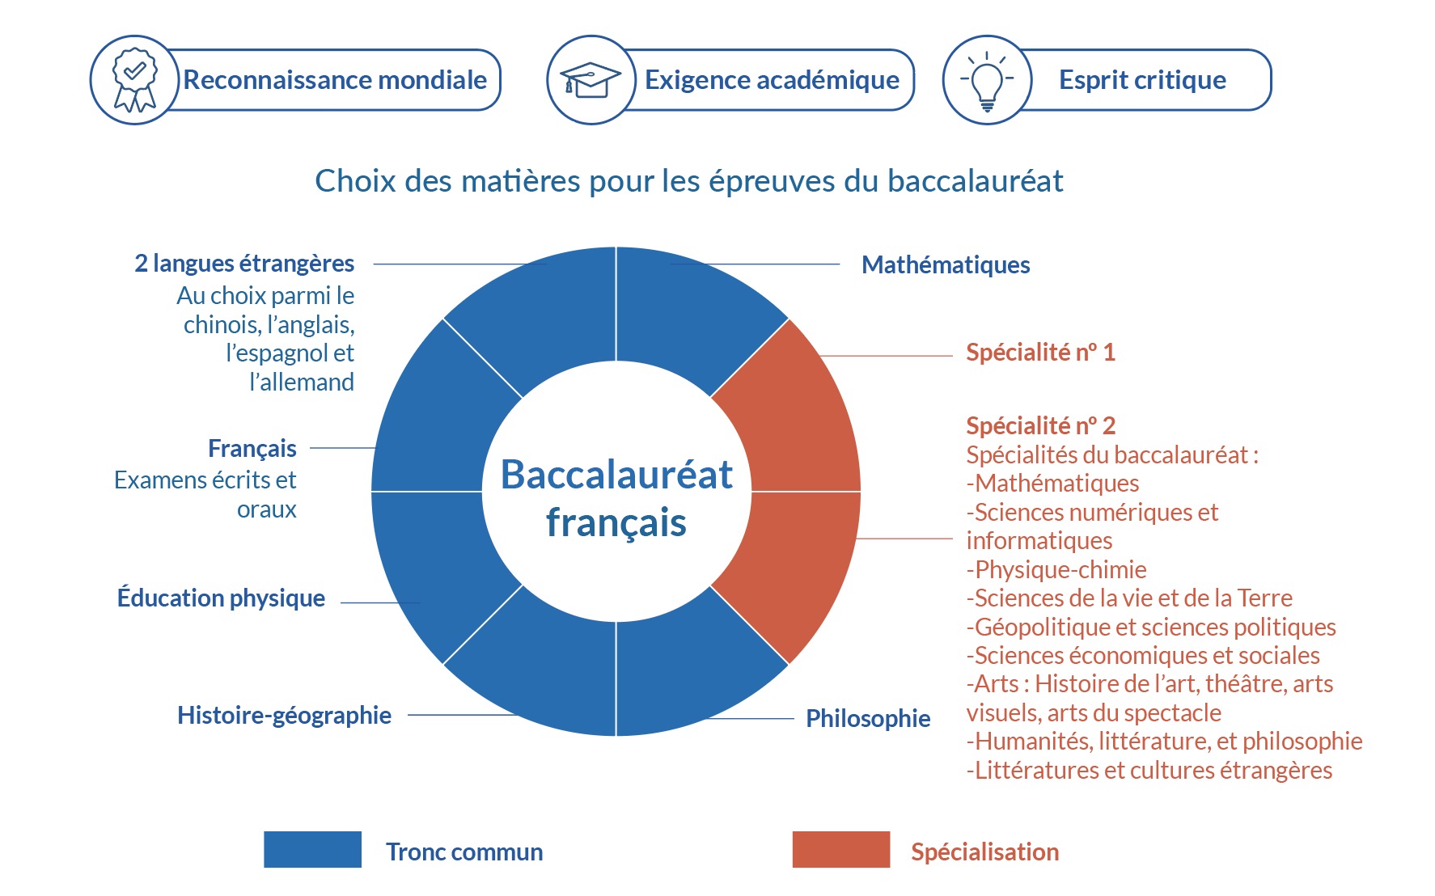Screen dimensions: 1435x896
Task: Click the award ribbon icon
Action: point(135,79)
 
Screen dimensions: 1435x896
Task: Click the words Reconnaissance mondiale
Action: point(335,80)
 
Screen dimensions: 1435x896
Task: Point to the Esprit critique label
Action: point(1142,80)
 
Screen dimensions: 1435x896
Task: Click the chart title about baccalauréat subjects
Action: point(689,181)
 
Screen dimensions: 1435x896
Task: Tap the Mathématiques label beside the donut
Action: point(946,264)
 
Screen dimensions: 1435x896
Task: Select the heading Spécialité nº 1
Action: point(1041,353)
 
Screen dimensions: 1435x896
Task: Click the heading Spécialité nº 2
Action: point(1041,425)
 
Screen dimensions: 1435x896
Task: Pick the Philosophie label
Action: point(868,718)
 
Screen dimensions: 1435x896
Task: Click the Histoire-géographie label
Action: point(285,715)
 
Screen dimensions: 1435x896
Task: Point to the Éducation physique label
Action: point(221,598)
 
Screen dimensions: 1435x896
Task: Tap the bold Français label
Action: point(252,448)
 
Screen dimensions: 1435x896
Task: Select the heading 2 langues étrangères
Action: point(244,264)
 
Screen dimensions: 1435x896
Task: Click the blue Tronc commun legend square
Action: point(312,849)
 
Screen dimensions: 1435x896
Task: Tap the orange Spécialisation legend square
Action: point(841,849)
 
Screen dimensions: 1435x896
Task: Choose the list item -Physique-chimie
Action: point(1056,569)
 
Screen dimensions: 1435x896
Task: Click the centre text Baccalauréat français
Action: point(616,498)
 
